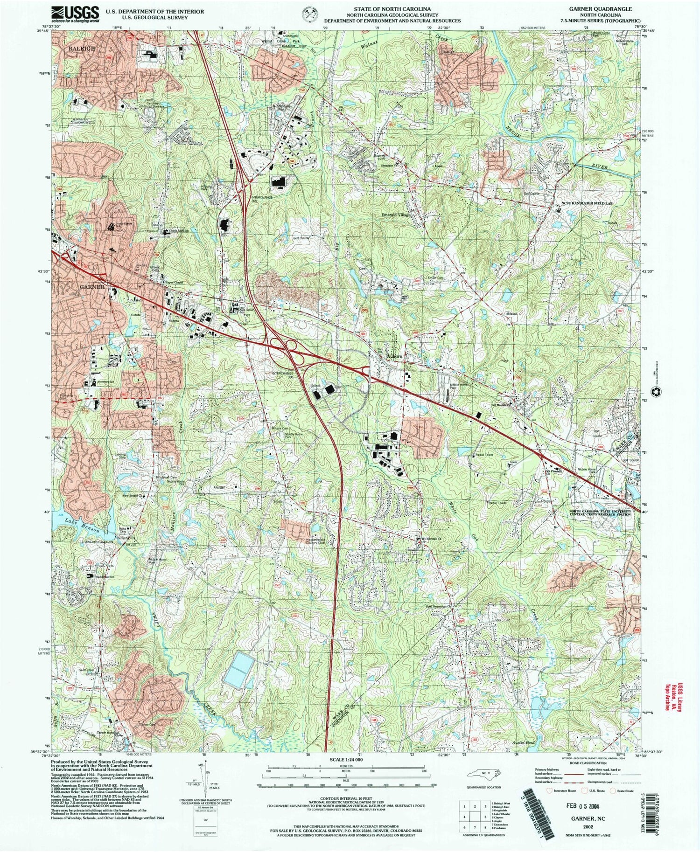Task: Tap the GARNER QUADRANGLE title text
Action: [605, 9]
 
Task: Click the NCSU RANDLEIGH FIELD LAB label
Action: [594, 203]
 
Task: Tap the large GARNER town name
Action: [92, 287]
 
